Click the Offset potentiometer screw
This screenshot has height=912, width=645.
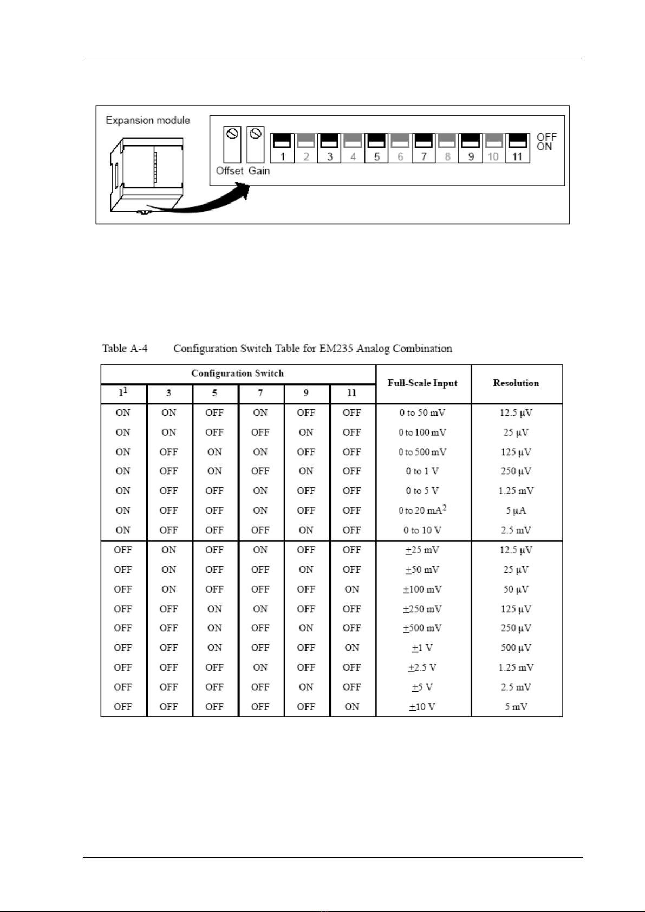[x=232, y=133]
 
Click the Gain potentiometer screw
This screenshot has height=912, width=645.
[x=256, y=133]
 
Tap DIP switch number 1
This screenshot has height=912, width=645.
[x=282, y=142]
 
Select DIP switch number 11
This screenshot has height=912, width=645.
[x=517, y=142]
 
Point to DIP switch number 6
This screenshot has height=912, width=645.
[x=400, y=142]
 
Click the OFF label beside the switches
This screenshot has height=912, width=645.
[x=546, y=137]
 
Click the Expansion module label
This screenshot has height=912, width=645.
[x=148, y=120]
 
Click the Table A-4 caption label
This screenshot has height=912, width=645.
[x=125, y=349]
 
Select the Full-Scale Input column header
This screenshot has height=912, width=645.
[x=422, y=383]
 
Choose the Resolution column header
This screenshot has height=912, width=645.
[x=516, y=383]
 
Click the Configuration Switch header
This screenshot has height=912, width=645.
[x=237, y=373]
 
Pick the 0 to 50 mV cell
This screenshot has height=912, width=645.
[x=422, y=412]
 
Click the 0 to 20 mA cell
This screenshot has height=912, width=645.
[x=422, y=510]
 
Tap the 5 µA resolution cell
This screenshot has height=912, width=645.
[x=516, y=510]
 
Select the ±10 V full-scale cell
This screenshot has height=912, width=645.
[x=422, y=707]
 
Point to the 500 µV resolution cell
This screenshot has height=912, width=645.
[x=516, y=648]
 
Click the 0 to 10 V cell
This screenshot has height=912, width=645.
[x=422, y=530]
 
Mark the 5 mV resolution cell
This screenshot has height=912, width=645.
[x=516, y=707]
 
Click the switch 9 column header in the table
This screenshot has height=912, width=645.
[x=306, y=393]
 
